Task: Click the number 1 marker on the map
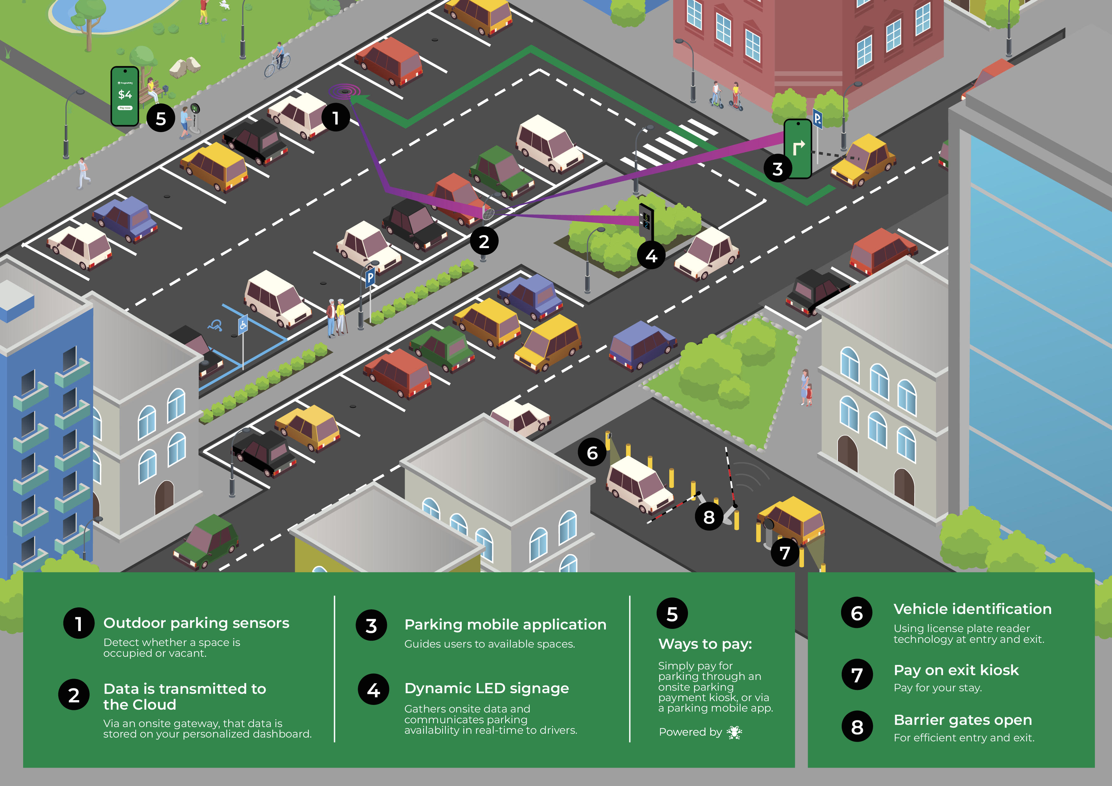[x=335, y=117]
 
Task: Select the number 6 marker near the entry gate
[x=592, y=452]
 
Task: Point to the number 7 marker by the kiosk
[x=785, y=552]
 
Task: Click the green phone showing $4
[x=125, y=96]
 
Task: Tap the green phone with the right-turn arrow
[x=798, y=148]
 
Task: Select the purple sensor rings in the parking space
[x=344, y=91]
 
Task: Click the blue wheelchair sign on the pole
[x=243, y=324]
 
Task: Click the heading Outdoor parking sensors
[x=196, y=623]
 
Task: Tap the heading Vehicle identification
[x=972, y=609]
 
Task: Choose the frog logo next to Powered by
[x=734, y=732]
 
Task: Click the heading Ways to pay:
[x=705, y=644]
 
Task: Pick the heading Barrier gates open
[x=962, y=720]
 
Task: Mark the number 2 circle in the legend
[x=74, y=695]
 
